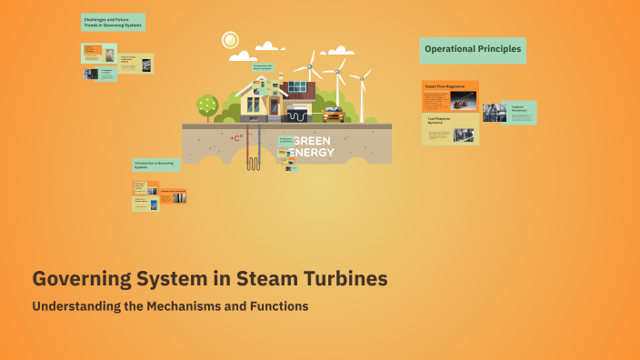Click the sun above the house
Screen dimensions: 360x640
(x=230, y=40)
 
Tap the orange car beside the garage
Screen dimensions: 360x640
(x=333, y=115)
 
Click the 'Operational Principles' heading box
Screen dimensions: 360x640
(x=473, y=49)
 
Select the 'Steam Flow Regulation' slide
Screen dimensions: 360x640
(x=450, y=96)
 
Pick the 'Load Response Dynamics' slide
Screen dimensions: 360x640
(x=450, y=129)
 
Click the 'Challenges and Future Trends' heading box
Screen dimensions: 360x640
(x=113, y=22)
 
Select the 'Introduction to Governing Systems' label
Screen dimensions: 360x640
(x=156, y=165)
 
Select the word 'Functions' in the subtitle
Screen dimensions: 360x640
(x=277, y=306)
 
